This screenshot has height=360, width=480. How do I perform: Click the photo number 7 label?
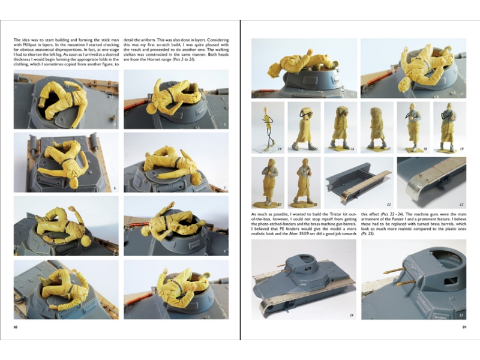pyautogui.click(x=224, y=188)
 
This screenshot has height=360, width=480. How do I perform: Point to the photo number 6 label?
pyautogui.click(x=114, y=188)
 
